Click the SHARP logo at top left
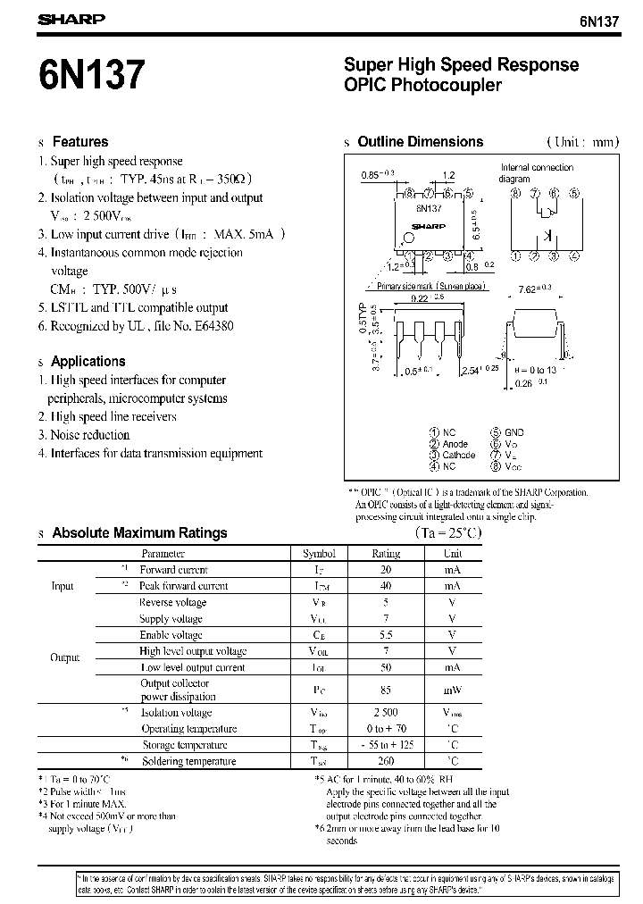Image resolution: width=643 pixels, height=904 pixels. click(x=71, y=19)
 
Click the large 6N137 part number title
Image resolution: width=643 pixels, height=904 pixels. click(x=90, y=74)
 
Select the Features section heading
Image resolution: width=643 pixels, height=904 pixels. click(x=80, y=141)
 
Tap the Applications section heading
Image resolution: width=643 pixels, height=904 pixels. click(x=88, y=361)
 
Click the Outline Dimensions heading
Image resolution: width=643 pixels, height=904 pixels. click(x=420, y=141)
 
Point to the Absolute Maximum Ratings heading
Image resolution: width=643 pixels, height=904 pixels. click(x=139, y=532)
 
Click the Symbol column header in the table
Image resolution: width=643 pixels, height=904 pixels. click(x=319, y=554)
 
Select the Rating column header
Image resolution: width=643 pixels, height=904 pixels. click(x=386, y=554)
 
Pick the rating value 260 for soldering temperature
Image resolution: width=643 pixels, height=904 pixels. click(x=386, y=761)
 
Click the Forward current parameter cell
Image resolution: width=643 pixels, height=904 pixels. click(x=173, y=570)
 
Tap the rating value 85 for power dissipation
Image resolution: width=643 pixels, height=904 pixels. click(x=386, y=690)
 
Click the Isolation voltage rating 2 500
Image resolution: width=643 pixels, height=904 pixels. click(x=386, y=713)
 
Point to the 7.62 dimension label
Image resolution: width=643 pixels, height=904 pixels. click(x=532, y=289)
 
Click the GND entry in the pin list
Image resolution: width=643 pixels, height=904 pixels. click(x=514, y=432)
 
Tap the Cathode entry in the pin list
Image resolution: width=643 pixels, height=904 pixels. click(x=459, y=455)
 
